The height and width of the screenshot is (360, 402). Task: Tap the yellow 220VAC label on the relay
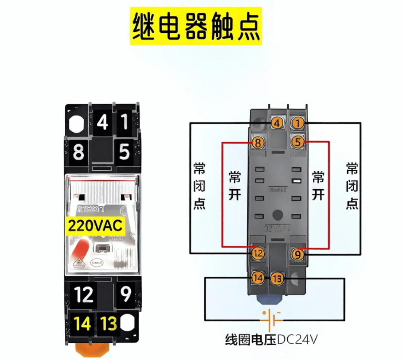95,225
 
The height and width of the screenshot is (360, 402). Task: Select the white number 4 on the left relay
102,121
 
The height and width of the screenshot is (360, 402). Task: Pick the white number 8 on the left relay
79,152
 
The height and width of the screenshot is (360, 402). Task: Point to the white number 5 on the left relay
124,152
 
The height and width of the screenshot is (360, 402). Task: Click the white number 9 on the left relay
126,294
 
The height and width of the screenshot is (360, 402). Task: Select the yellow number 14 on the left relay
83,324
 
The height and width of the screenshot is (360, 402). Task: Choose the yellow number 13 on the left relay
109,324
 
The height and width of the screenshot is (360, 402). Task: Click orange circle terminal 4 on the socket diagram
277,123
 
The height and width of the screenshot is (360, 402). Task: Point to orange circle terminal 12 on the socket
258,254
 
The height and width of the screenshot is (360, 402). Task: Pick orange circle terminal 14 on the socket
258,278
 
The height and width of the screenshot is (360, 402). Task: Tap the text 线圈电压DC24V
271,340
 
